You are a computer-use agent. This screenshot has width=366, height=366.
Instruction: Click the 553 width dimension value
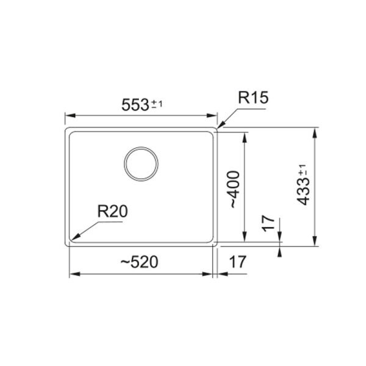135,105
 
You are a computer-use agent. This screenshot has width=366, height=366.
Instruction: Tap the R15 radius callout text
253,98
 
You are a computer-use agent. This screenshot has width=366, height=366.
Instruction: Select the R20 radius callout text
112,211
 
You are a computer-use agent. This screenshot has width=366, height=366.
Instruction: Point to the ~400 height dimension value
234,190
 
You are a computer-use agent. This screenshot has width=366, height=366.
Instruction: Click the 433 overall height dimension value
304,192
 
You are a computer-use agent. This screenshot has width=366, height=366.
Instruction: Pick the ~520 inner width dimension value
139,262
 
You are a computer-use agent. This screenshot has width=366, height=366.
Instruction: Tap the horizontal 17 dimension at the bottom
238,262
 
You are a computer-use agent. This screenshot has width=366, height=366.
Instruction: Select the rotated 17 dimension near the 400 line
268,224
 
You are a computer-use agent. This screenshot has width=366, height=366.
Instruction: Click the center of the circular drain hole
141,164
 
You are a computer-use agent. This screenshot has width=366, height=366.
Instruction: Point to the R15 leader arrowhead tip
218,128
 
